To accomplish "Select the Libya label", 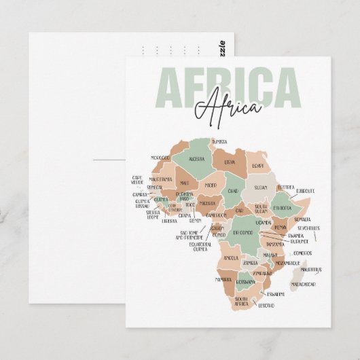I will click(x=230, y=162).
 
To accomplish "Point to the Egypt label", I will click(x=257, y=165).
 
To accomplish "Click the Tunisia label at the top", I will click(x=219, y=141).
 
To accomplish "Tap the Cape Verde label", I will click(x=138, y=180).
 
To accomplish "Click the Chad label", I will click(x=233, y=192).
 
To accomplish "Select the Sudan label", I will click(x=261, y=186).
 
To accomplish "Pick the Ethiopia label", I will click(x=282, y=208).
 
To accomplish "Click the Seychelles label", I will click(x=308, y=228).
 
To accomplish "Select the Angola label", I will click(x=231, y=257).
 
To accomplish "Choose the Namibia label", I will click(x=223, y=279).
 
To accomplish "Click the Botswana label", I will click(x=246, y=281).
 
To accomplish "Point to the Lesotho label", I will click(x=266, y=306).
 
